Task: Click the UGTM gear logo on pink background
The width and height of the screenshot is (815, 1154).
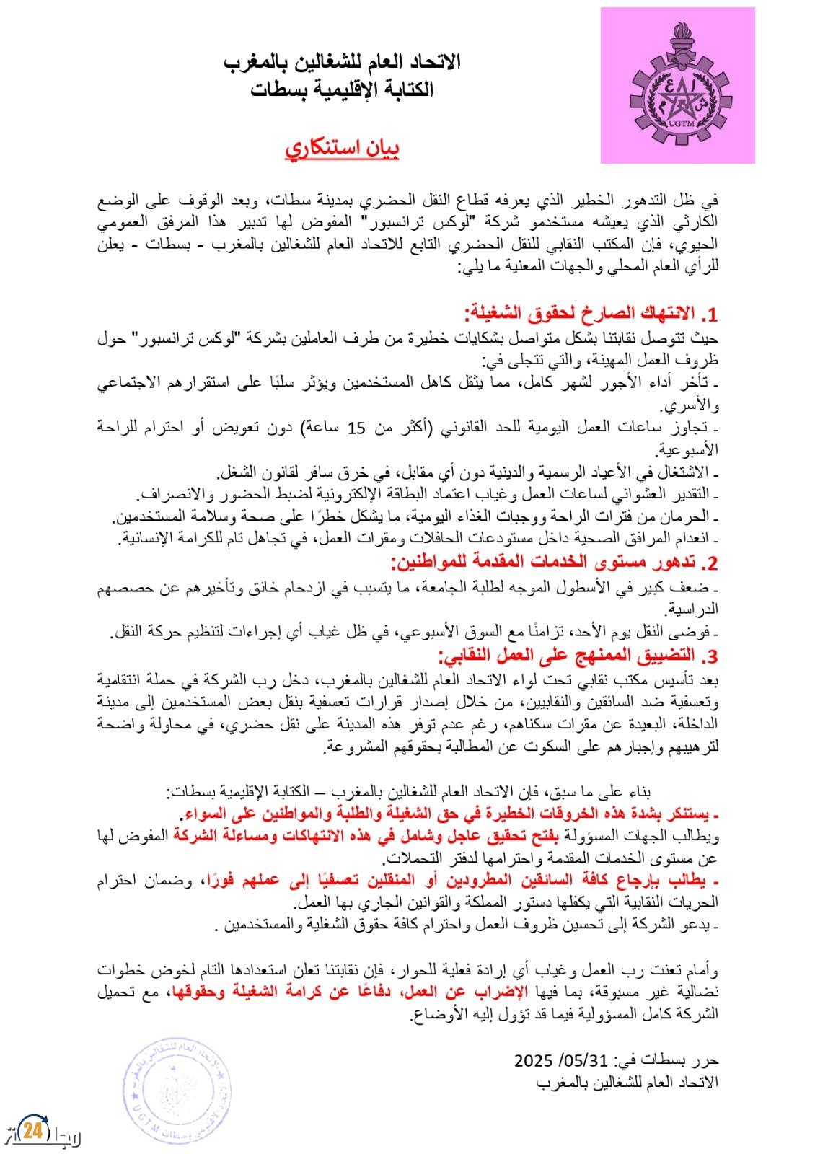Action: (x=677, y=86)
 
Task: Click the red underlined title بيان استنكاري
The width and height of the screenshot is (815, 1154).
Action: (x=342, y=149)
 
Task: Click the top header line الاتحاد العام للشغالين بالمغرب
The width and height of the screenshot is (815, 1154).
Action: (x=342, y=62)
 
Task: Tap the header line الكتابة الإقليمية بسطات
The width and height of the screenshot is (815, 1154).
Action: (x=342, y=89)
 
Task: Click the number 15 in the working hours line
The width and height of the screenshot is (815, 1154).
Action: (x=356, y=428)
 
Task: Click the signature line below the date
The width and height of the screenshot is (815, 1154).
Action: (x=628, y=1083)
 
